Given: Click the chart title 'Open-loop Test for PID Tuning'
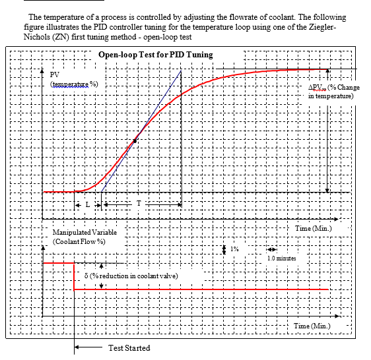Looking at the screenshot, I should (155, 54).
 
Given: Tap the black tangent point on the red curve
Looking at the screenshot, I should (135, 140).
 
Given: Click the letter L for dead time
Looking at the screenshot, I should (87, 205).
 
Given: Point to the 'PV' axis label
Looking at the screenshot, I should (55, 75).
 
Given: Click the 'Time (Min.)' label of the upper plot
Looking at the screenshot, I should (313, 228).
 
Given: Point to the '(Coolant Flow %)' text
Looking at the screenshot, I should (80, 243).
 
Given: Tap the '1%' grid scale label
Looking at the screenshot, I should (234, 249).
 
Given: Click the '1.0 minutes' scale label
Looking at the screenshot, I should (281, 258).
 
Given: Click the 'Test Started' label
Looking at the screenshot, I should (129, 347).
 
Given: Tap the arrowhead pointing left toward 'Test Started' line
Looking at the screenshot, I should (78, 347).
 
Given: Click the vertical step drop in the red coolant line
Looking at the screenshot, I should (74, 276).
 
